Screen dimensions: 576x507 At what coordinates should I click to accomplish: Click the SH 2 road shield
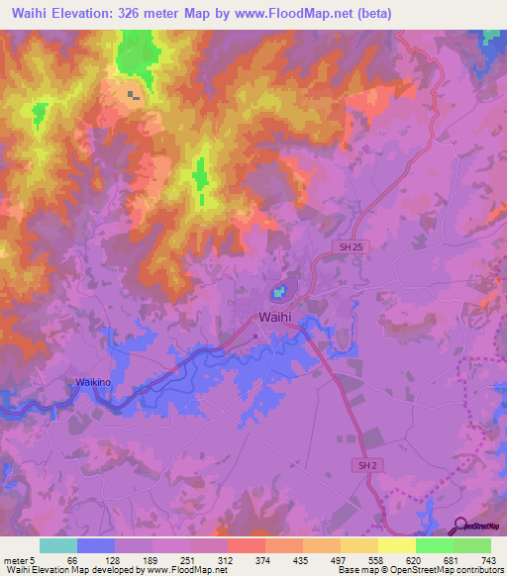pyautogui.click(x=366, y=464)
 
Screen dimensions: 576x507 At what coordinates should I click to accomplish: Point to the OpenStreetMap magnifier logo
pyautogui.click(x=461, y=527)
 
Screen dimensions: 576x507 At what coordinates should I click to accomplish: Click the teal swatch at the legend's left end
pyautogui.click(x=58, y=545)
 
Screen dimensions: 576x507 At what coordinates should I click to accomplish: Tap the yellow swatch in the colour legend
pyautogui.click(x=396, y=545)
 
